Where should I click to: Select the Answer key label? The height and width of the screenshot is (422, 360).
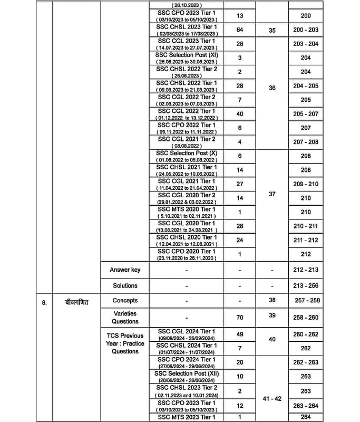125,270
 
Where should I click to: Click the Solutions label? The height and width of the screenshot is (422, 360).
125,285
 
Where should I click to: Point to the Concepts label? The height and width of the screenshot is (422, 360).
125,300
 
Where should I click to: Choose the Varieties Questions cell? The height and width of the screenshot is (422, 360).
125,317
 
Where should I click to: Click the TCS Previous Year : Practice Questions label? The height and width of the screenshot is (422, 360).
125,343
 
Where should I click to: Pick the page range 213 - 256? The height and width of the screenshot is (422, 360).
306,285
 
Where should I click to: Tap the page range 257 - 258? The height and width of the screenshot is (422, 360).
306,300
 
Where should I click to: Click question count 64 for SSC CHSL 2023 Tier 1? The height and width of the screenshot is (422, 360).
240,30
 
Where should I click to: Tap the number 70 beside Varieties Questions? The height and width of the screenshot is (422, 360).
240,318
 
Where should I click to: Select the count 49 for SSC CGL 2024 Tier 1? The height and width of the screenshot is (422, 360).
240,334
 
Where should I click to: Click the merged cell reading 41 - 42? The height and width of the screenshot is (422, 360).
272,399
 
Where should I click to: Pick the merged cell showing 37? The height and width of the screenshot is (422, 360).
272,194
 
